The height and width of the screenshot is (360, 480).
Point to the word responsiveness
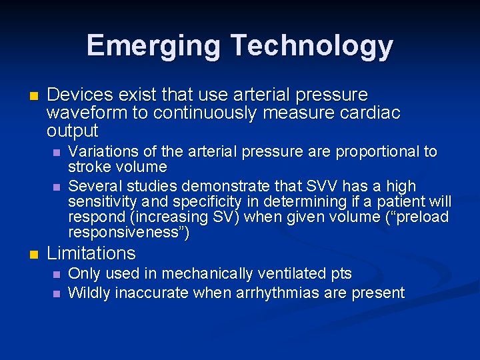pyautogui.click(x=125, y=233)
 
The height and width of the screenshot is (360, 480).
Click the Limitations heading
pyautogui.click(x=91, y=253)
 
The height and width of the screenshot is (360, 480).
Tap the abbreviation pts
pyautogui.click(x=339, y=273)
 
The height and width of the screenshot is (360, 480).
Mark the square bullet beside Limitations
pyautogui.click(x=31, y=254)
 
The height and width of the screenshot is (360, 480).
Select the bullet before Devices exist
pyautogui.click(x=31, y=95)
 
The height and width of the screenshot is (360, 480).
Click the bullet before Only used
pyautogui.click(x=57, y=274)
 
